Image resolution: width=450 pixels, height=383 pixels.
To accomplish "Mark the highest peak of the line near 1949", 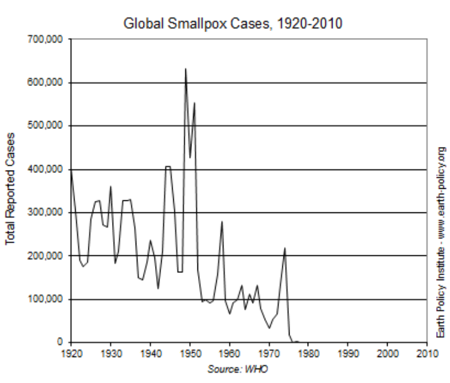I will coord(186,69).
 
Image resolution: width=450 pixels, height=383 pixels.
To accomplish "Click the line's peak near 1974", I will coord(285,248).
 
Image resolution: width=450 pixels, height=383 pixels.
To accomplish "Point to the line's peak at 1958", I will coord(222,221).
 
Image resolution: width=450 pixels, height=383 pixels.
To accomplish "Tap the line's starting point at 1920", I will coord(71,170).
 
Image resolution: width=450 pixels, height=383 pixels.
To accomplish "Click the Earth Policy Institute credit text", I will coord(440,241).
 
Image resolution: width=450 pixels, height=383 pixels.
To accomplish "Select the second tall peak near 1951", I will coord(194,103).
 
